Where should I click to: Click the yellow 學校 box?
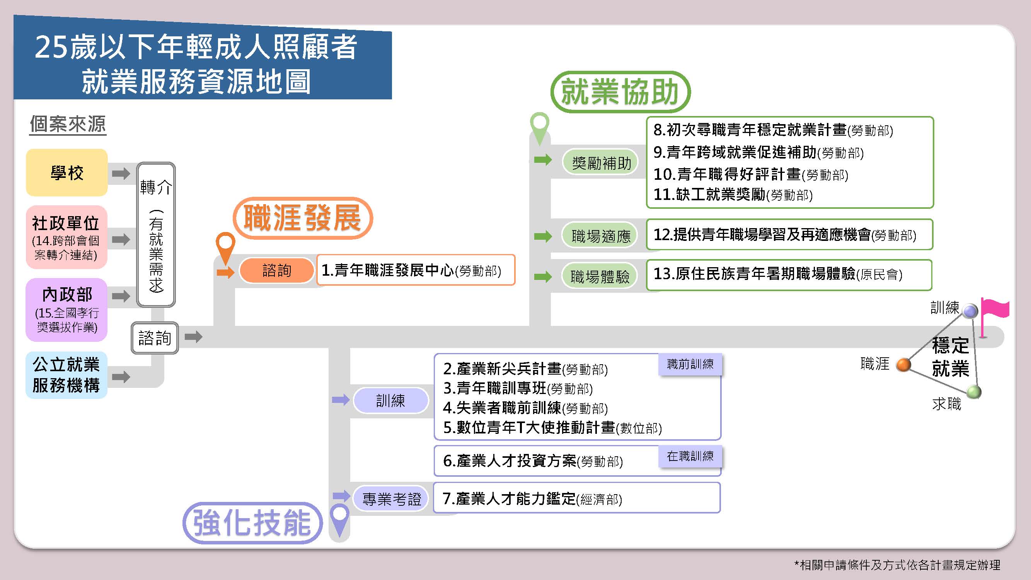pyautogui.click(x=67, y=172)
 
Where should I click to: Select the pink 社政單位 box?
pyautogui.click(x=66, y=237)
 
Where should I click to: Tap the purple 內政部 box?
pyautogui.click(x=66, y=309)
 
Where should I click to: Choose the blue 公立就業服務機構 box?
pyautogui.click(x=66, y=375)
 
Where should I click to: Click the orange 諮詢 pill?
pyautogui.click(x=276, y=271)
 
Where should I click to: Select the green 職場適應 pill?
pyautogui.click(x=600, y=236)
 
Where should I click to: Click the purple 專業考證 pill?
pyautogui.click(x=392, y=499)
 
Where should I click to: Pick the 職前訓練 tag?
pyautogui.click(x=690, y=364)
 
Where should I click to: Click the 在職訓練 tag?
pyautogui.click(x=690, y=456)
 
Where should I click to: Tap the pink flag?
pyautogui.click(x=995, y=310)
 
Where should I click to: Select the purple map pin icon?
pyautogui.click(x=340, y=518)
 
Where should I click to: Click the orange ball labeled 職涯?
pyautogui.click(x=903, y=365)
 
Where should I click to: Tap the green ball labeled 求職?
pyautogui.click(x=974, y=391)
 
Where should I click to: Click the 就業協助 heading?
pyautogui.click(x=620, y=92)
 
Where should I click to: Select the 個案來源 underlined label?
pyautogui.click(x=68, y=124)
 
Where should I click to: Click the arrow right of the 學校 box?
pyautogui.click(x=121, y=174)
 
